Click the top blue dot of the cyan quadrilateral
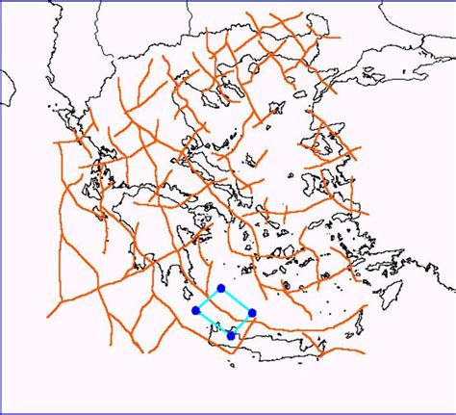tap(221, 288)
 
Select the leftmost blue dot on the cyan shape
tap(196, 310)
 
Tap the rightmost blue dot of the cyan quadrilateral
tap(252, 312)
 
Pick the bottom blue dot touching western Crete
tap(231, 334)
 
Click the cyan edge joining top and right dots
tap(237, 299)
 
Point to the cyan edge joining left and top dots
tap(209, 298)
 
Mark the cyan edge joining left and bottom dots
tap(214, 323)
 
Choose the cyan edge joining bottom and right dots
tap(241, 324)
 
